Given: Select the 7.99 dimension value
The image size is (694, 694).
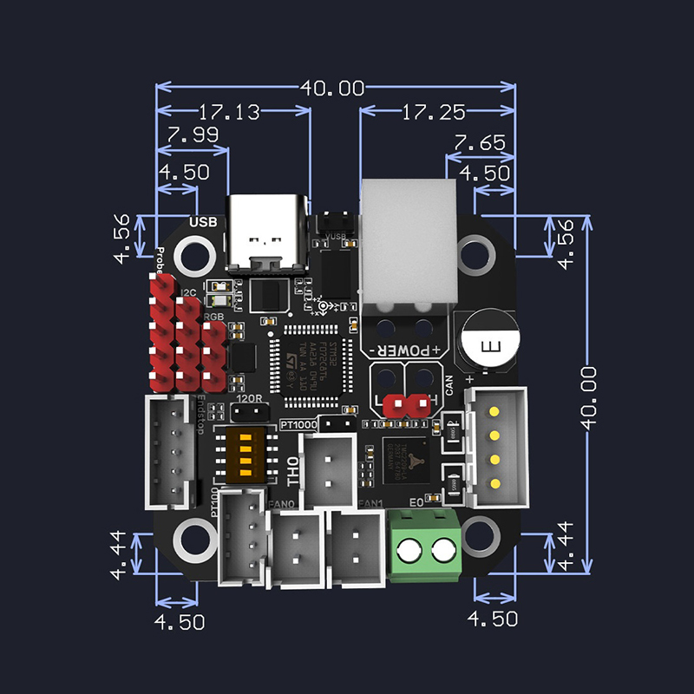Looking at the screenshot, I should (x=193, y=136).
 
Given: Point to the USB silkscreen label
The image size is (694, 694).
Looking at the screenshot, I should (x=202, y=223).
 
